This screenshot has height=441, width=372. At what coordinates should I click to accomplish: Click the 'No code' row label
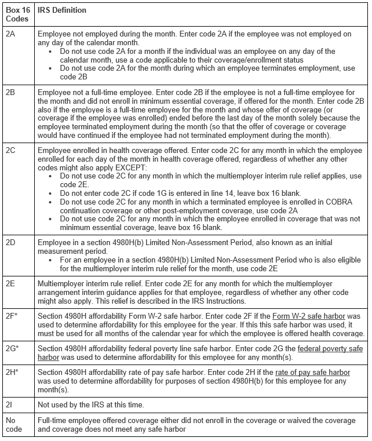click(13, 425)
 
